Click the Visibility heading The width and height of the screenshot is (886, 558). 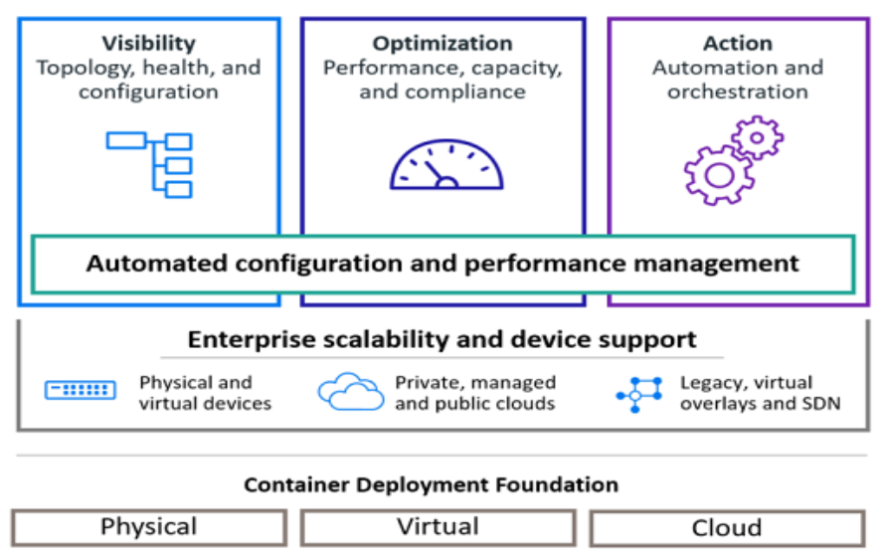click(148, 44)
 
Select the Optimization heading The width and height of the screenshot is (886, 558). click(443, 44)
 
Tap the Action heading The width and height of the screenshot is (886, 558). click(737, 44)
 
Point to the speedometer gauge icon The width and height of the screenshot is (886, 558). click(446, 165)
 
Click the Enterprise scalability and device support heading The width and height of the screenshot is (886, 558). click(443, 340)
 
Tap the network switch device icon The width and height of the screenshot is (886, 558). click(81, 391)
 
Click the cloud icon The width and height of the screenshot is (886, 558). click(350, 392)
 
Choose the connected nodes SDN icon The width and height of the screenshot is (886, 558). click(638, 394)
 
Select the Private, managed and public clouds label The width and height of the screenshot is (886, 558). click(475, 393)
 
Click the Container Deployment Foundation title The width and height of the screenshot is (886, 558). click(432, 485)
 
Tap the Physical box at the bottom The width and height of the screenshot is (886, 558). click(149, 527)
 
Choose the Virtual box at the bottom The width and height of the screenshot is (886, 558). click(438, 527)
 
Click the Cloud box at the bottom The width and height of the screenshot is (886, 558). click(727, 528)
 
